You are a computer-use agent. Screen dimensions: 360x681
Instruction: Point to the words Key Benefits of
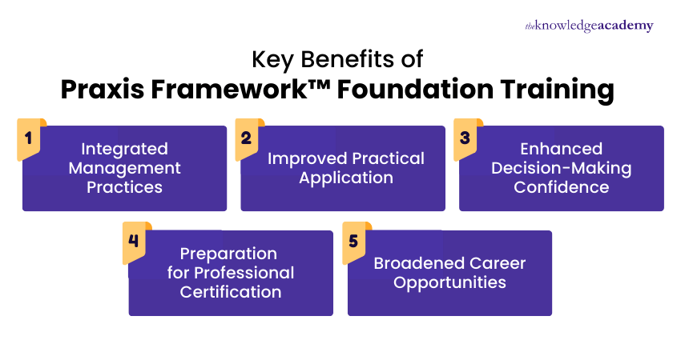[337, 60]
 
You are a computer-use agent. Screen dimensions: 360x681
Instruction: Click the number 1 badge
[30, 138]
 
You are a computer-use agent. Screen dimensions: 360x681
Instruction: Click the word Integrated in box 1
[125, 150]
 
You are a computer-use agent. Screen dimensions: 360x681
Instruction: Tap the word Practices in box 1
[125, 188]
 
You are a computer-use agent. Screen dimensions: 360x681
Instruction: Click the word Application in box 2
[346, 178]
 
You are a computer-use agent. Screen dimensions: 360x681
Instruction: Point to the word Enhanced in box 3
[561, 150]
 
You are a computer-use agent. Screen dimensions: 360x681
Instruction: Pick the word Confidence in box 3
[561, 188]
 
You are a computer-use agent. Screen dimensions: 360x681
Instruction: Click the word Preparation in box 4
[228, 254]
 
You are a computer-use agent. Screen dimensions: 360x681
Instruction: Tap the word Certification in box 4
[230, 292]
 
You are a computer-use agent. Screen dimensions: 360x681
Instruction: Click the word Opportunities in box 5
[449, 282]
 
